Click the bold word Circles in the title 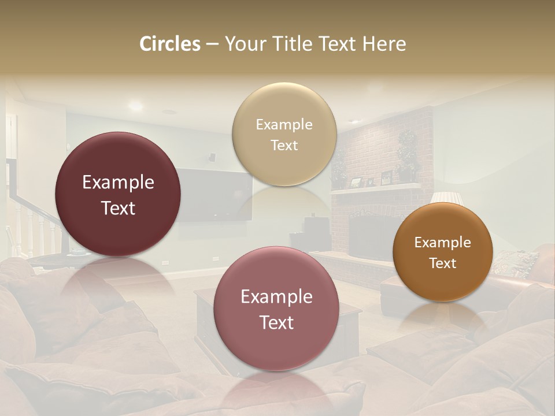pos(169,44)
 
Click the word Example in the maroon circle pos(118,183)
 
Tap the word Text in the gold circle pos(284,145)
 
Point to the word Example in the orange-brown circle pos(443,242)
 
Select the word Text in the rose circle pos(276,322)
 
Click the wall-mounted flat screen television pos(214,194)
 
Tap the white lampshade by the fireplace pos(447,198)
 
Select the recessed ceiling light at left pos(135,106)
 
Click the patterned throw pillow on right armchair pos(515,263)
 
